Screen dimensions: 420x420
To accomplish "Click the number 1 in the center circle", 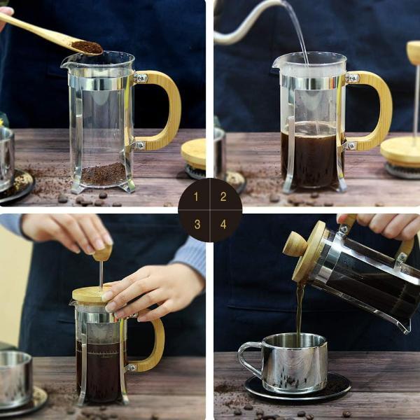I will [197, 197].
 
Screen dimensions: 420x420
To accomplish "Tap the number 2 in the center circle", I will [223, 197].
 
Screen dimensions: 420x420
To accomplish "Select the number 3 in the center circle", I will [197, 224].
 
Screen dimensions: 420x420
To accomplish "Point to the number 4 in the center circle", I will [223, 224].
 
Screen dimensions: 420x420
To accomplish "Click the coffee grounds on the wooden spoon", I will [87, 47].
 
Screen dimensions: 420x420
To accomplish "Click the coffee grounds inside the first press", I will [104, 174].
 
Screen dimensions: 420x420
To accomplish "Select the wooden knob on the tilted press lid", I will [295, 244].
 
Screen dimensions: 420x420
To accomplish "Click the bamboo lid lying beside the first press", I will [194, 153].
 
